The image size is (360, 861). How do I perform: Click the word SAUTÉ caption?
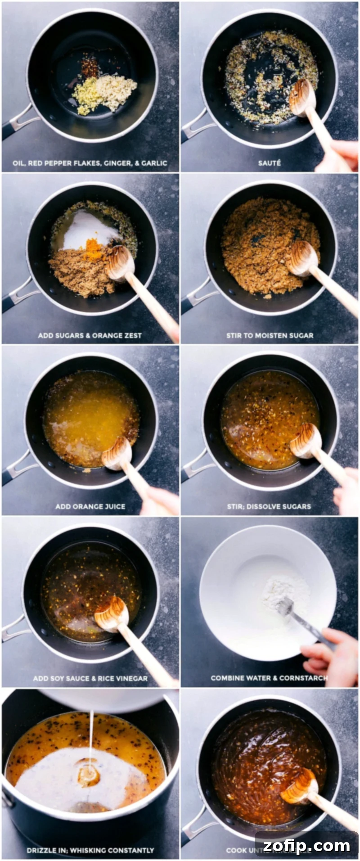[x=269, y=163]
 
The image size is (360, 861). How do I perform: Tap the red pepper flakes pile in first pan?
[x=90, y=68]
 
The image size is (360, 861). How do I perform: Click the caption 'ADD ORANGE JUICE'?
[x=90, y=506]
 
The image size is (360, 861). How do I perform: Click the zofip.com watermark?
[x=306, y=846]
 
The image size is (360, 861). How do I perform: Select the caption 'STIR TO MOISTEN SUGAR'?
[x=270, y=335]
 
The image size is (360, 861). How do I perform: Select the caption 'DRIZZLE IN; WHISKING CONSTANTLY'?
[x=90, y=850]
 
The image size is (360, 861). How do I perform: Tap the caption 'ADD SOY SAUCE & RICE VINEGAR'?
[x=90, y=678]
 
